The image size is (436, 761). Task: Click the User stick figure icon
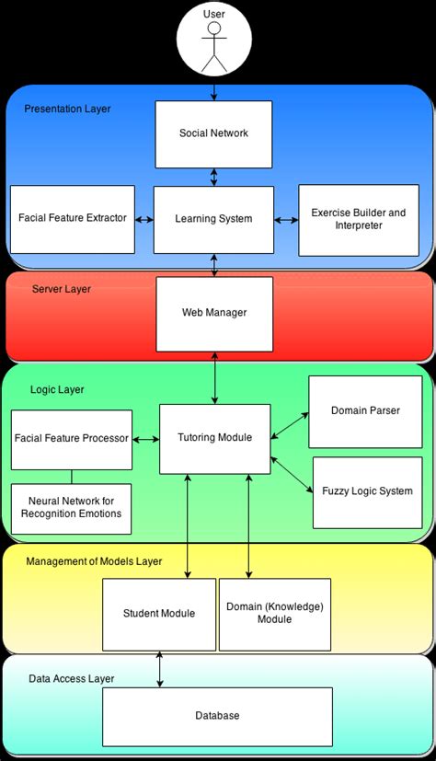pyautogui.click(x=214, y=46)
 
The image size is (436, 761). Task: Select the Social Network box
pyautogui.click(x=213, y=133)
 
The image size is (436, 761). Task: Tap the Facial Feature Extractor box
pyautogui.click(x=73, y=219)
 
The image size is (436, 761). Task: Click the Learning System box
pyautogui.click(x=213, y=219)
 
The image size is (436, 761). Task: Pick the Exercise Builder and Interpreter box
pyautogui.click(x=358, y=219)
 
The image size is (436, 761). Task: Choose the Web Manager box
pyautogui.click(x=214, y=313)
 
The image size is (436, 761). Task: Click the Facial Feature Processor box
pyautogui.click(x=72, y=439)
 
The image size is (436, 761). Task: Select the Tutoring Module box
pyautogui.click(x=213, y=438)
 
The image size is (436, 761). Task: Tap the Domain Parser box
pyautogui.click(x=365, y=410)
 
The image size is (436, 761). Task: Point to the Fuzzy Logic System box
pyautogui.click(x=367, y=491)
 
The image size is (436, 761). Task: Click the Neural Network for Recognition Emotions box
pyautogui.click(x=72, y=508)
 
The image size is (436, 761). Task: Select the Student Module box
pyautogui.click(x=159, y=614)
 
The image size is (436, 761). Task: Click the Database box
pyautogui.click(x=217, y=716)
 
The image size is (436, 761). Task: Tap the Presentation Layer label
pyautogui.click(x=67, y=109)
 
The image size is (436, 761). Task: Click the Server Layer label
pyautogui.click(x=62, y=289)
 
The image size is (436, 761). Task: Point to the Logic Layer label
pyautogui.click(x=57, y=390)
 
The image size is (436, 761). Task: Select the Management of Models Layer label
pyautogui.click(x=94, y=561)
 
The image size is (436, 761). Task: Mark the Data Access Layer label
pyautogui.click(x=71, y=679)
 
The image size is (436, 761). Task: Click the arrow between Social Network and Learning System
pyautogui.click(x=214, y=176)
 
